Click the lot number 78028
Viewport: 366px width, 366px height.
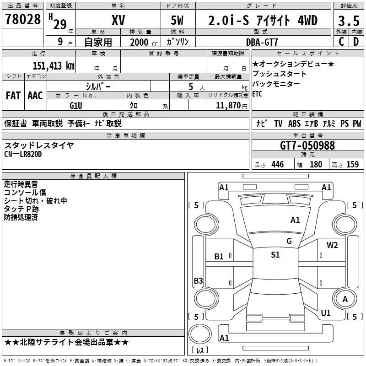click(23, 20)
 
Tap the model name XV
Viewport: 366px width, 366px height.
click(118, 21)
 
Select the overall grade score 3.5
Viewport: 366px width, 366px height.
click(348, 21)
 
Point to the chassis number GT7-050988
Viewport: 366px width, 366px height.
click(307, 146)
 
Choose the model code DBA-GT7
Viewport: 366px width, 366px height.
click(263, 42)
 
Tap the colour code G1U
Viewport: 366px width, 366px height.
click(76, 106)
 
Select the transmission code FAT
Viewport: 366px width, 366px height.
click(13, 96)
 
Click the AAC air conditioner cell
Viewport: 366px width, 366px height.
click(35, 96)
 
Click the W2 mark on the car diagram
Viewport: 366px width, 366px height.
click(332, 245)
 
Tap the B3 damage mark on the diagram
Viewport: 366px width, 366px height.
click(198, 281)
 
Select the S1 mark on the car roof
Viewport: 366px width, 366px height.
click(275, 255)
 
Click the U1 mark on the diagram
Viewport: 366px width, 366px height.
click(326, 313)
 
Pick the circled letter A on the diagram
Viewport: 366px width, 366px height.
click(345, 299)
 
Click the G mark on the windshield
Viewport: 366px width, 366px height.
click(289, 241)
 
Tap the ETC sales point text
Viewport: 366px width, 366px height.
click(258, 94)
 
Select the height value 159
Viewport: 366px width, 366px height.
click(352, 165)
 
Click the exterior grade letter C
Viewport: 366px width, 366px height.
click(341, 42)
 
